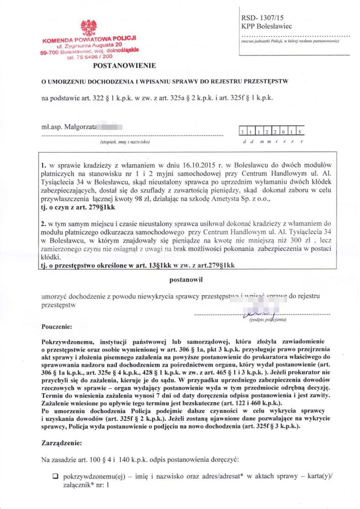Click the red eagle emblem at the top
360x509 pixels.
[x=89, y=28]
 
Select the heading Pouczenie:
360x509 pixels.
[x=57, y=327]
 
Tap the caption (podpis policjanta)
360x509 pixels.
[x=268, y=319]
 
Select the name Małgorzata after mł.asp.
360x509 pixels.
[x=81, y=126]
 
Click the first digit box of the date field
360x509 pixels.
[x=243, y=132]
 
